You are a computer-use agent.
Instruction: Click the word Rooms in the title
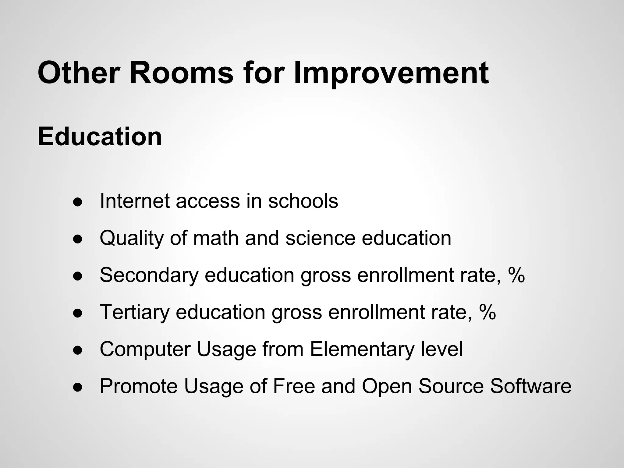pos(182,73)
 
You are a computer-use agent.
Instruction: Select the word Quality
pos(132,238)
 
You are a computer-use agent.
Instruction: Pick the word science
pos(320,238)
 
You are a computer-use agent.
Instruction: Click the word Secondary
pos(149,275)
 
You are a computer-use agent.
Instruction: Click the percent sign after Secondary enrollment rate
pos(516,275)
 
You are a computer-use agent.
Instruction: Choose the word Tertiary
pos(134,312)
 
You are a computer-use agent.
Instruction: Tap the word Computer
pos(145,349)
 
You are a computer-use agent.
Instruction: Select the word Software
pos(530,386)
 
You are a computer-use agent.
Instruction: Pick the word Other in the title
pos(80,73)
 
